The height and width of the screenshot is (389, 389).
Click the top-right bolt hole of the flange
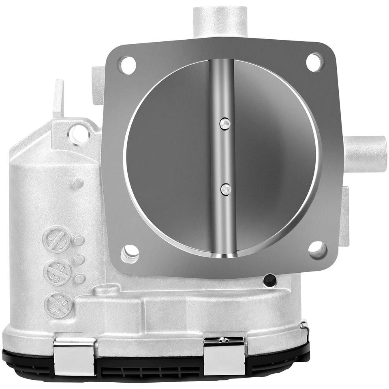(x=315, y=62)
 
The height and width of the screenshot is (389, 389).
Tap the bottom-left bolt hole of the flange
(x=130, y=254)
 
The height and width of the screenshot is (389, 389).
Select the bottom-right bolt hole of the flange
(x=318, y=250)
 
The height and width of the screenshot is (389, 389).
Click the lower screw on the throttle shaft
(x=225, y=188)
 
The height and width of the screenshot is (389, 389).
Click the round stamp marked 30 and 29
(x=57, y=239)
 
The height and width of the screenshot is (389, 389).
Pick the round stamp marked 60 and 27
(x=59, y=305)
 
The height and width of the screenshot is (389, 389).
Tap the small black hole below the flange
(x=269, y=280)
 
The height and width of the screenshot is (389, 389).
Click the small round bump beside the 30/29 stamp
(x=79, y=240)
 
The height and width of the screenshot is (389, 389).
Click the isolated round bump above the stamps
(x=77, y=183)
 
